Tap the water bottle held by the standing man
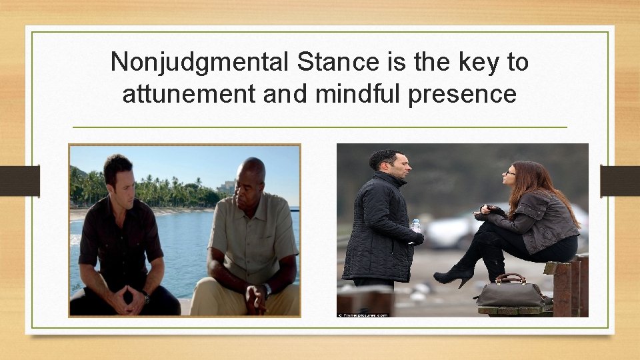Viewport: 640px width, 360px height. tap(416, 227)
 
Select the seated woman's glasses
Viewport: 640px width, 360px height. tap(509, 172)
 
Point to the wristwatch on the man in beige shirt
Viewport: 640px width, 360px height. tap(267, 289)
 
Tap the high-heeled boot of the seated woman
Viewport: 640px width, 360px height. tap(455, 273)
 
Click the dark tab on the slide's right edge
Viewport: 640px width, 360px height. tap(620, 180)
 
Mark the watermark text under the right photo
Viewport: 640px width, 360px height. tap(363, 313)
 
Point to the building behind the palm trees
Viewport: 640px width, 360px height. tap(227, 187)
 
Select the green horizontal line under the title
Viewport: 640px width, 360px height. tap(319, 127)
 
